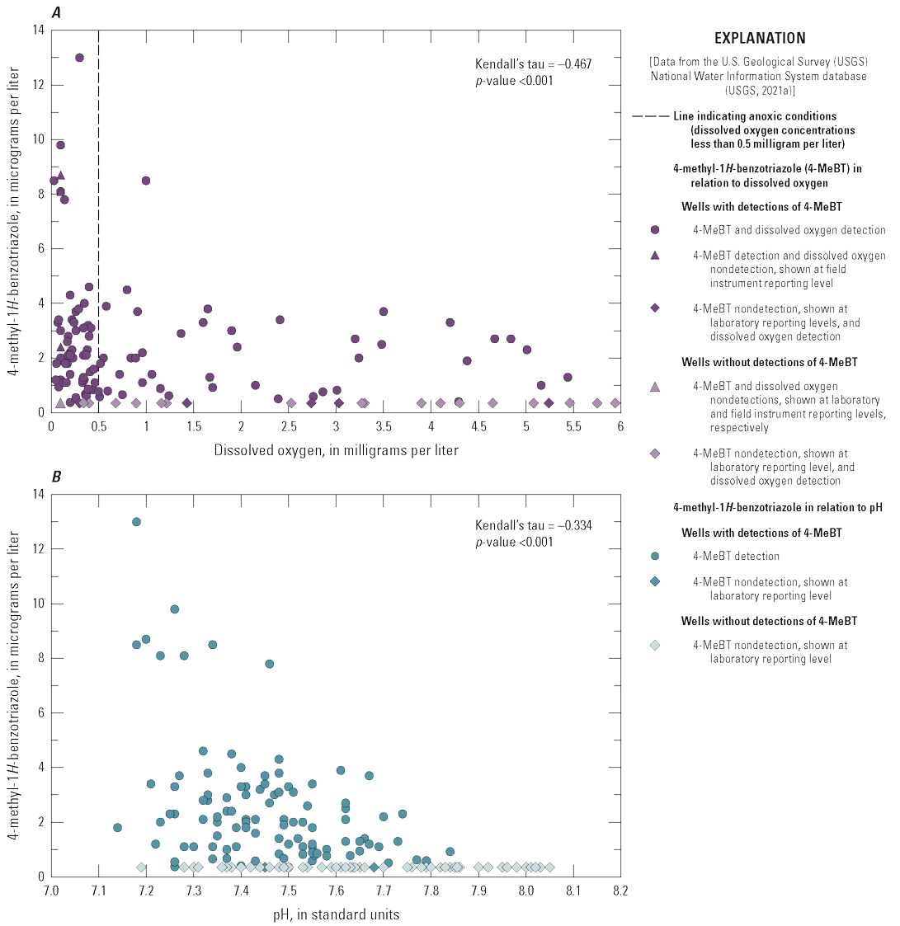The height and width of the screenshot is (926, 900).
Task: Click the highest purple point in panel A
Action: [79, 58]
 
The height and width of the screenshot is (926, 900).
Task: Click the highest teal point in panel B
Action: [136, 522]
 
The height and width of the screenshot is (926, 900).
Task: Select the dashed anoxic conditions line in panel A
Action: [99, 247]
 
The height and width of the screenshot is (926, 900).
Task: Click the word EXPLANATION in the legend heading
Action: [760, 38]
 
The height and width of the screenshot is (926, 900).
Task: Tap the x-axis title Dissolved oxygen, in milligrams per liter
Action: [336, 450]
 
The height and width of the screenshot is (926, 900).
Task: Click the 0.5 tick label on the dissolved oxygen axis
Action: [99, 426]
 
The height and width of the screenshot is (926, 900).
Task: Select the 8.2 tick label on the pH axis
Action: [620, 891]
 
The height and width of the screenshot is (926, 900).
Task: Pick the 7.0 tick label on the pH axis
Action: [51, 891]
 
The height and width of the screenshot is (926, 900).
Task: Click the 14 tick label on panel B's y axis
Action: [38, 494]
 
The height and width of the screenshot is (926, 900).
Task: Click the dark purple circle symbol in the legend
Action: [654, 231]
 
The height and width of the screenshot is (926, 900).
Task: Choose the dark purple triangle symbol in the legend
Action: [654, 256]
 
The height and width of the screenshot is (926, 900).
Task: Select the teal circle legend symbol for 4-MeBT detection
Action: [654, 557]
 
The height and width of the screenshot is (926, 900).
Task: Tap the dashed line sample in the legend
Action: [650, 116]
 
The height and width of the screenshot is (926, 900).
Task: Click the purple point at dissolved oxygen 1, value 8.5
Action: [146, 181]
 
